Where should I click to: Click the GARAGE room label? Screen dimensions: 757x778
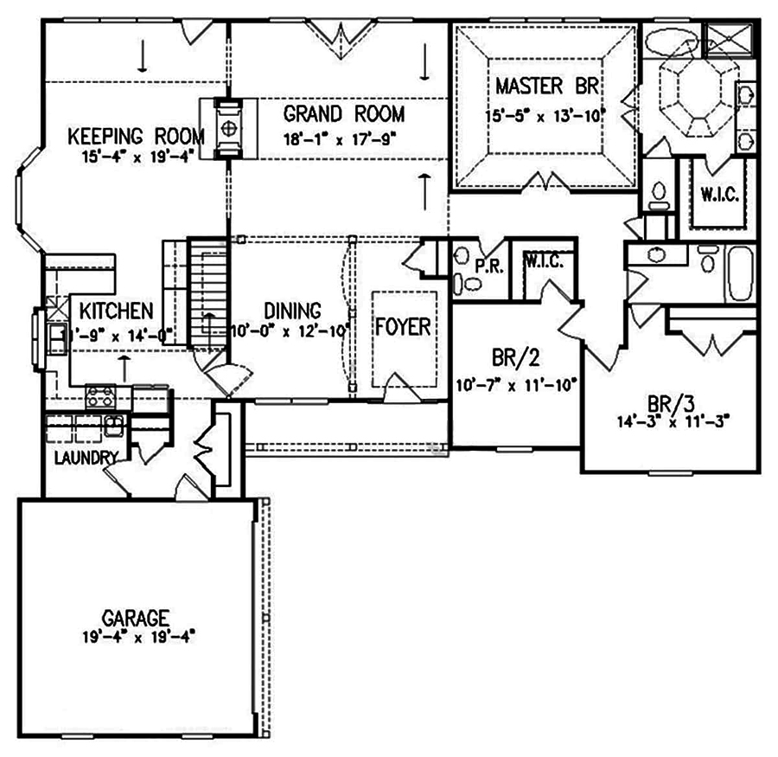click(134, 618)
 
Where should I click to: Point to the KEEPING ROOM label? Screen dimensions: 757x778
click(137, 136)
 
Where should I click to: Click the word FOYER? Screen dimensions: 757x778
click(402, 328)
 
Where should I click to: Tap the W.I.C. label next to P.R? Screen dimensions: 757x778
click(543, 262)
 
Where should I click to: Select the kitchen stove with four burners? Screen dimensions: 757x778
click(101, 398)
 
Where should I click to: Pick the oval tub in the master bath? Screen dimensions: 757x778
click(669, 42)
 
